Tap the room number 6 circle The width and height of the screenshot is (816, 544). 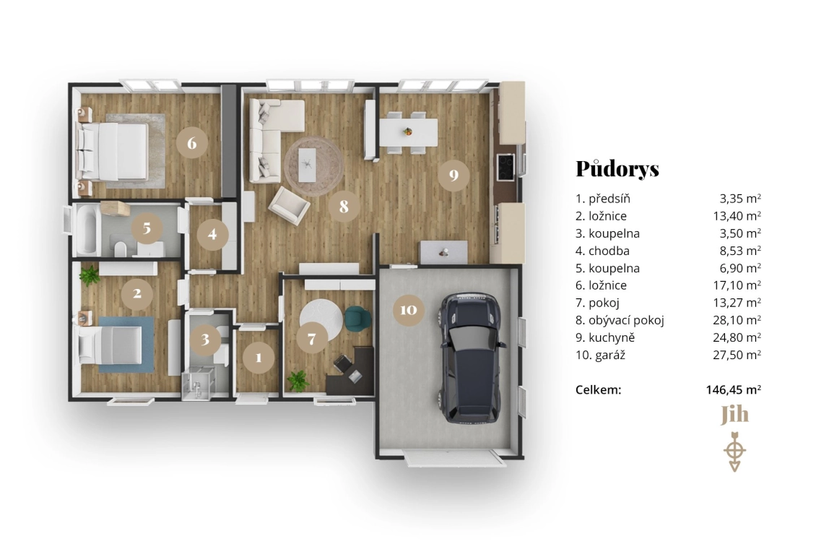coord(191,142)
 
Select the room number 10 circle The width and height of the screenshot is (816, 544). coord(408,310)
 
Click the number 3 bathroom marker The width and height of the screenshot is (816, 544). coord(206,338)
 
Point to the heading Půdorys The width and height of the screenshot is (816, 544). coord(617,168)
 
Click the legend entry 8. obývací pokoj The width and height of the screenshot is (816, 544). coord(620,320)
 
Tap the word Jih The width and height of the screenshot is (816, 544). coord(734,415)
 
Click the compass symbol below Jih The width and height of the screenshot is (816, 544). coord(734,450)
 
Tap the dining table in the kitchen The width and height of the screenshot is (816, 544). coord(408,131)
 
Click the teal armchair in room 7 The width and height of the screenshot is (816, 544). coord(357,318)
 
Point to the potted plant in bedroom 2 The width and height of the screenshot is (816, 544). coord(90,276)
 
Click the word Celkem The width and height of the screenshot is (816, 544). coord(599,389)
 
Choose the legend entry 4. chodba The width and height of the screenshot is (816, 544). coord(602,251)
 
